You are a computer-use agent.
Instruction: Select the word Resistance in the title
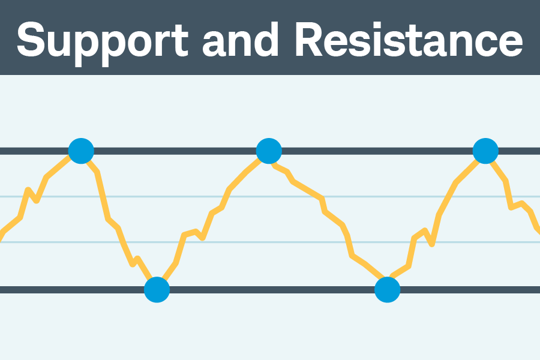click(408, 40)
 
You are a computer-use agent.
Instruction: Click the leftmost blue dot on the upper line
click(81, 151)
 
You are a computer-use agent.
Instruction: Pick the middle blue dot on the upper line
click(269, 151)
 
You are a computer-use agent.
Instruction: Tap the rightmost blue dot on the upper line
click(485, 151)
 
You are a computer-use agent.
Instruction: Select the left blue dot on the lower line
click(157, 290)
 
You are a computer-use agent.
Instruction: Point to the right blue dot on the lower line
click(387, 290)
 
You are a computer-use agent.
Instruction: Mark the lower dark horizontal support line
click(270, 290)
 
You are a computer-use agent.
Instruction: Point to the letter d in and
click(269, 40)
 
